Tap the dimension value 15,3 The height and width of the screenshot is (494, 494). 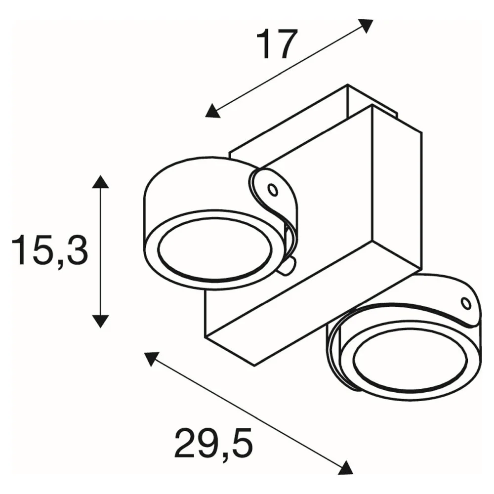(x=50, y=249)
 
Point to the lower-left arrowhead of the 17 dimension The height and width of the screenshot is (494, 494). (x=212, y=111)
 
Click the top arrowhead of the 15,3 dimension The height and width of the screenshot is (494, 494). (x=100, y=182)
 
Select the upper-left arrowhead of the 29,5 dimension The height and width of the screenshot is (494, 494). (x=151, y=359)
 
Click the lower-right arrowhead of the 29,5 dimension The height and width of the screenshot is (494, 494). (x=346, y=467)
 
